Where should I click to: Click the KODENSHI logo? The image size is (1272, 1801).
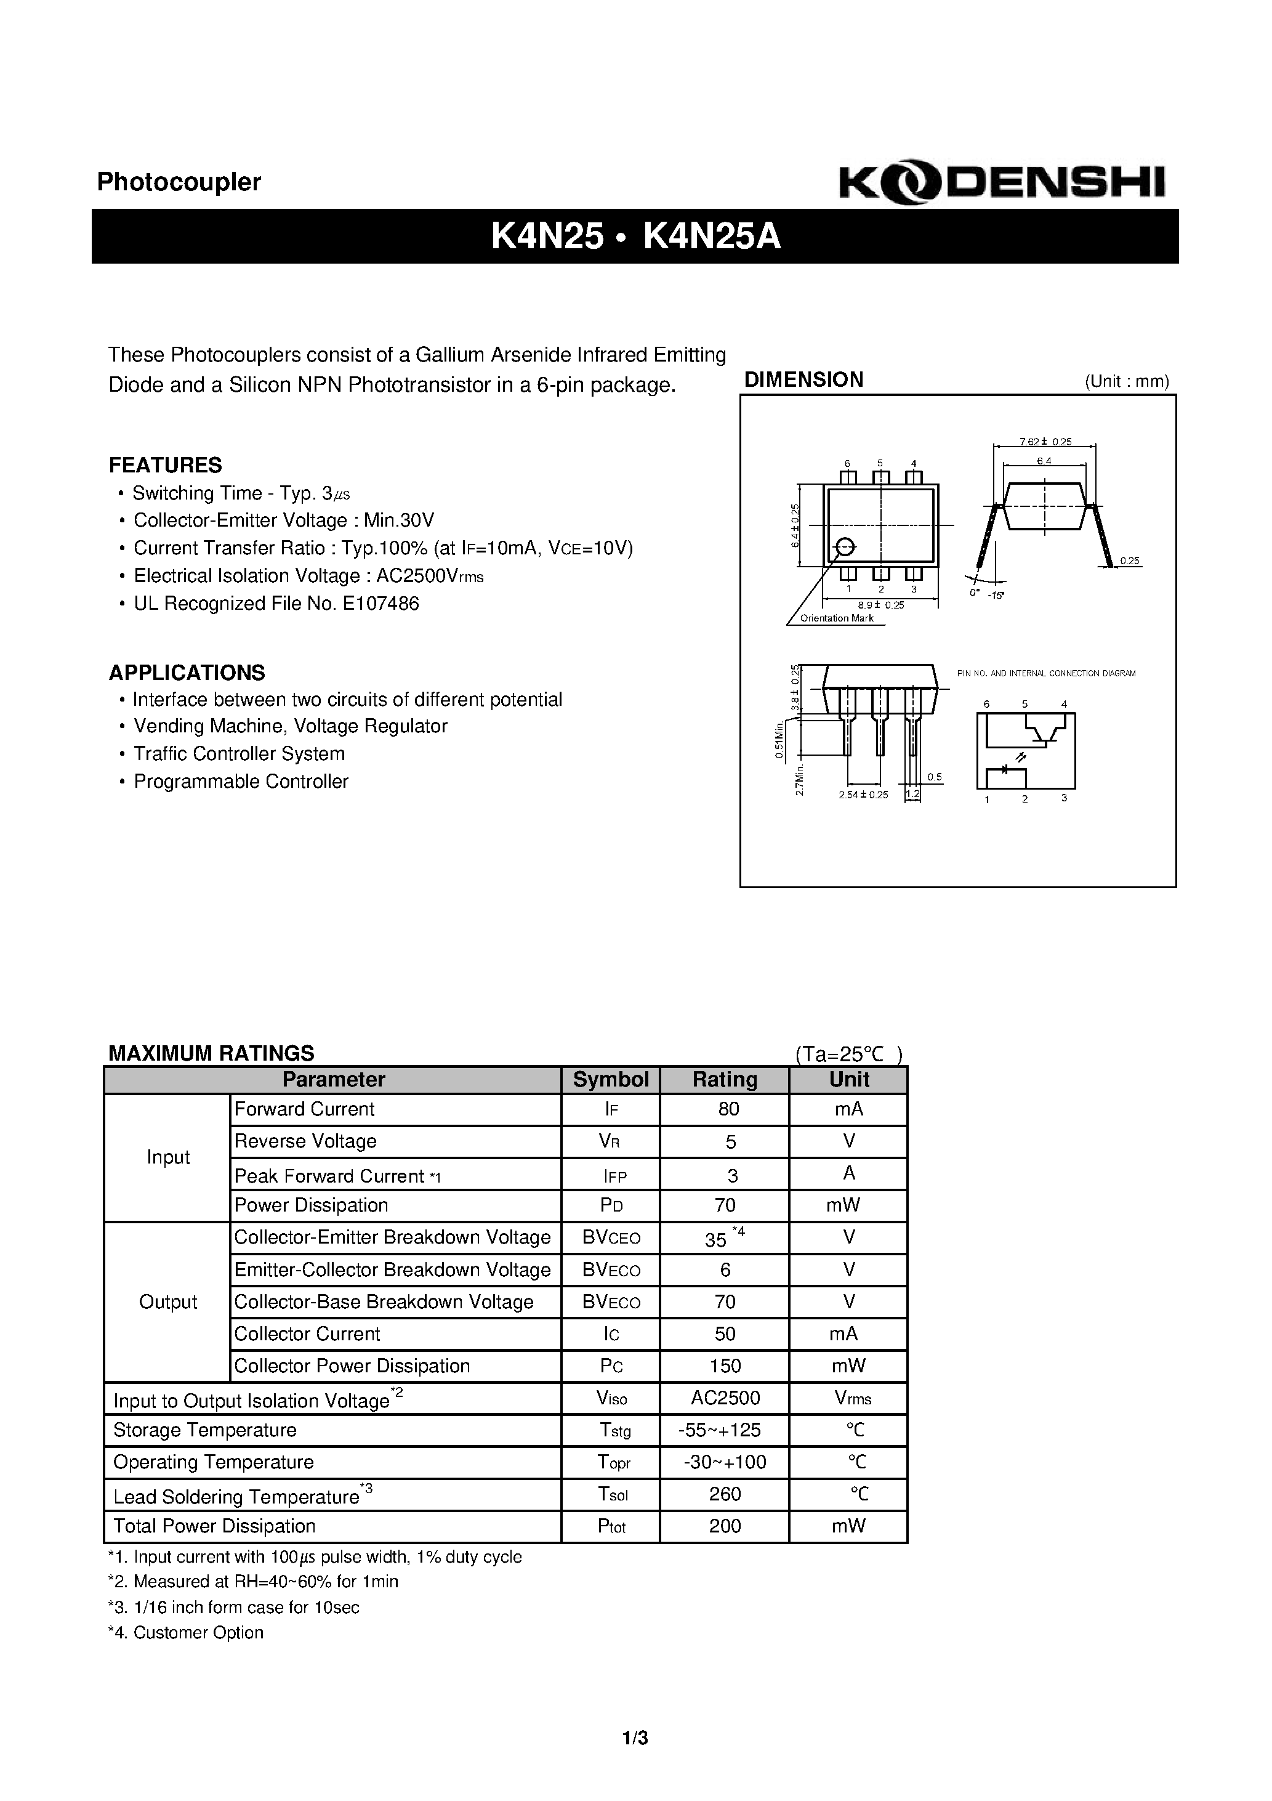tap(1002, 184)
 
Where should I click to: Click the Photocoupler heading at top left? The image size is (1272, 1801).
tap(179, 182)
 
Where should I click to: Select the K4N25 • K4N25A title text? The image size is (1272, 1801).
tap(635, 236)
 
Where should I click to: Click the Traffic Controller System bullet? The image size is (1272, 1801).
tap(238, 754)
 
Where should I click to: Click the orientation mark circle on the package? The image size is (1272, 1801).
tap(845, 547)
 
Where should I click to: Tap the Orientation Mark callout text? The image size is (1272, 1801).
tap(836, 618)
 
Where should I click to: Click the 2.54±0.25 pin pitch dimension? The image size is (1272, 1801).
tap(863, 795)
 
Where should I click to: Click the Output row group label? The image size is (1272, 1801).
tap(168, 1302)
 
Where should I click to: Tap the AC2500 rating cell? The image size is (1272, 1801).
tap(725, 1398)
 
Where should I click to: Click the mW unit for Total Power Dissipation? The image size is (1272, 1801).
tap(848, 1526)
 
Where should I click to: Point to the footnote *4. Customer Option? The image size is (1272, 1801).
tap(186, 1632)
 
